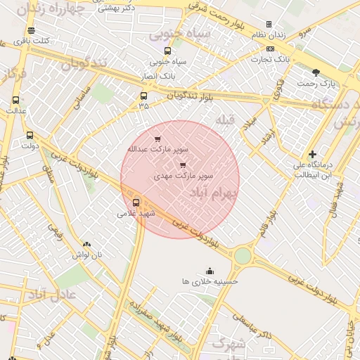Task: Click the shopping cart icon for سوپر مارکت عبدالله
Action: point(157,139)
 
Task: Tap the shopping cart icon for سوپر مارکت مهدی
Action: point(184,165)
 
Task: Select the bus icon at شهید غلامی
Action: point(136,202)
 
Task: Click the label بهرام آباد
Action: point(214,192)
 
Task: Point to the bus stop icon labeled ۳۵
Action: point(143,96)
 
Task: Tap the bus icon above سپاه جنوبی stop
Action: point(167,51)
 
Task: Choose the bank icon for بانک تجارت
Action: point(271,49)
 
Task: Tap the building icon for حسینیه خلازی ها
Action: point(210,271)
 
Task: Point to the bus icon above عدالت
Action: point(16,101)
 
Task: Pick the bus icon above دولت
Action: point(30,135)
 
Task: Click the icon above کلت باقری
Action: point(31,31)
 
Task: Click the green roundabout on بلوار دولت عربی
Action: point(242,256)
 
